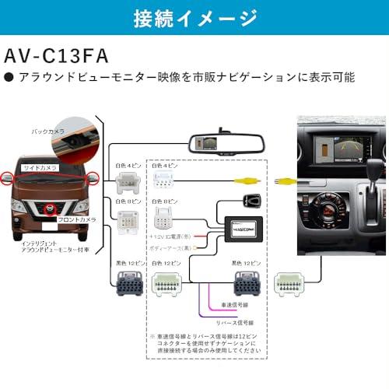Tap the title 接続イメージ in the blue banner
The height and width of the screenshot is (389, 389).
pyautogui.click(x=194, y=16)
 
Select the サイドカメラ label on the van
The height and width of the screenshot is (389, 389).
pyautogui.click(x=40, y=167)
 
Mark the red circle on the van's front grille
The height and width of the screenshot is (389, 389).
pyautogui.click(x=50, y=209)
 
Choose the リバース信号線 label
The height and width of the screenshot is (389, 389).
pyautogui.click(x=238, y=321)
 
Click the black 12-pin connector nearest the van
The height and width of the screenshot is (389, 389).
pyautogui.click(x=128, y=284)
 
